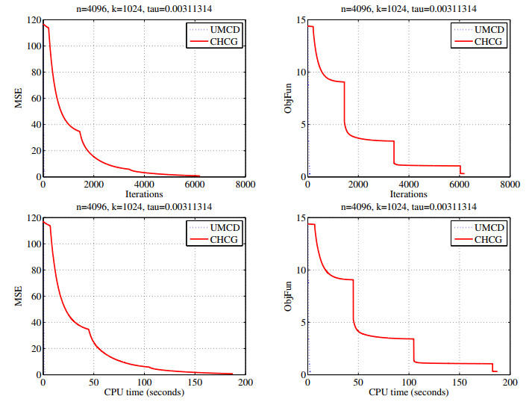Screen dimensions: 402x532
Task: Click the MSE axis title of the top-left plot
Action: click(19, 99)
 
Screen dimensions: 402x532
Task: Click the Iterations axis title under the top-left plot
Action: click(143, 194)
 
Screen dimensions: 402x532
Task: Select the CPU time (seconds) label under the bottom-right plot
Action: click(409, 392)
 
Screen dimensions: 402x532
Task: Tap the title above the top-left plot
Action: click(143, 8)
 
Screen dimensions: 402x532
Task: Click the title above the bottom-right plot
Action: click(409, 206)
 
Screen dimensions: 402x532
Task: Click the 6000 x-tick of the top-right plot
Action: click(460, 185)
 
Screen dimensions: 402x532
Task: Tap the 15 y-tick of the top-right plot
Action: click(301, 19)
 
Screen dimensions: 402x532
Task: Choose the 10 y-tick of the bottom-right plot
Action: click(301, 269)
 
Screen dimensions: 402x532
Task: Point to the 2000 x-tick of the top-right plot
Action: click(358, 185)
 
